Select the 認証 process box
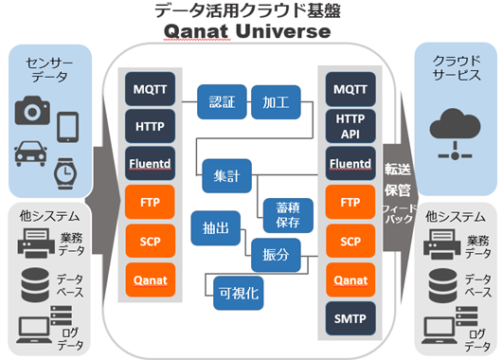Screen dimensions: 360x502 (223, 101)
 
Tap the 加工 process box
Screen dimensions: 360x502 (278, 101)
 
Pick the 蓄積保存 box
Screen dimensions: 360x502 (281, 214)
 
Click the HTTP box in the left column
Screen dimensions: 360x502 (148, 126)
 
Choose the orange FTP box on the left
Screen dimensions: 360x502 (148, 202)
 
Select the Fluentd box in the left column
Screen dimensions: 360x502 (148, 163)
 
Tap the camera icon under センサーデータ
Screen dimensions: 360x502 (32, 114)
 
